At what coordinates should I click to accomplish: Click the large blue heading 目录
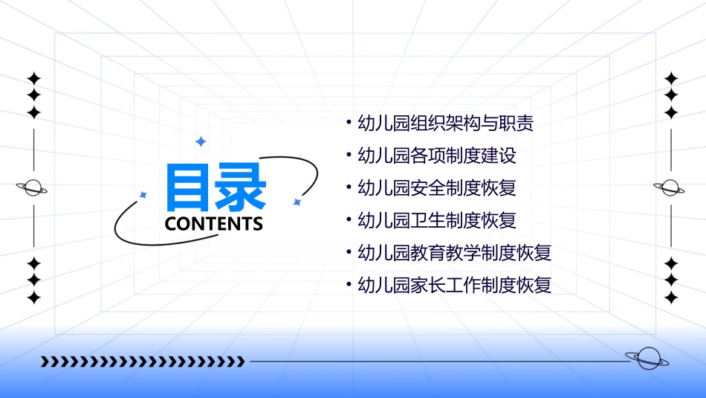pyautogui.click(x=216, y=186)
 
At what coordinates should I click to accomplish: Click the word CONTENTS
pyautogui.click(x=214, y=223)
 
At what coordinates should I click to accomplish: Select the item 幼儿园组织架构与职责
pyautogui.click(x=445, y=123)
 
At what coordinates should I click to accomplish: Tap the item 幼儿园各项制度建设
pyautogui.click(x=436, y=155)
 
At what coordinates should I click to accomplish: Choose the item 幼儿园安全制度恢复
pyautogui.click(x=436, y=187)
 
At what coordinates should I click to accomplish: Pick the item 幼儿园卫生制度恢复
pyautogui.click(x=436, y=220)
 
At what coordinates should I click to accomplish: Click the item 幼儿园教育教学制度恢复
pyautogui.click(x=454, y=252)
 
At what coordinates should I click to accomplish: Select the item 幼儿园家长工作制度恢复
pyautogui.click(x=454, y=285)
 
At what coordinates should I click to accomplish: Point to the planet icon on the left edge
pyautogui.click(x=33, y=187)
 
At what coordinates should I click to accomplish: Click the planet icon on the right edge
pyautogui.click(x=670, y=187)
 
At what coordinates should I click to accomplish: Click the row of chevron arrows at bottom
pyautogui.click(x=143, y=362)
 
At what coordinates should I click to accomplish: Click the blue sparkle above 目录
pyautogui.click(x=200, y=141)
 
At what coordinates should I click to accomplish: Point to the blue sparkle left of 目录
pyautogui.click(x=143, y=195)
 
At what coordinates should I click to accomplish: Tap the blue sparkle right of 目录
pyautogui.click(x=297, y=202)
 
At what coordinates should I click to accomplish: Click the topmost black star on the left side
pyautogui.click(x=33, y=78)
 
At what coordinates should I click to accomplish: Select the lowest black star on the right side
pyautogui.click(x=671, y=298)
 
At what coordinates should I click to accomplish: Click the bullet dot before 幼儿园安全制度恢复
pyautogui.click(x=349, y=187)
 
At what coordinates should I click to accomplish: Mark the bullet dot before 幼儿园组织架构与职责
pyautogui.click(x=349, y=123)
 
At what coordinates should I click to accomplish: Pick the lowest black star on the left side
pyautogui.click(x=33, y=298)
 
